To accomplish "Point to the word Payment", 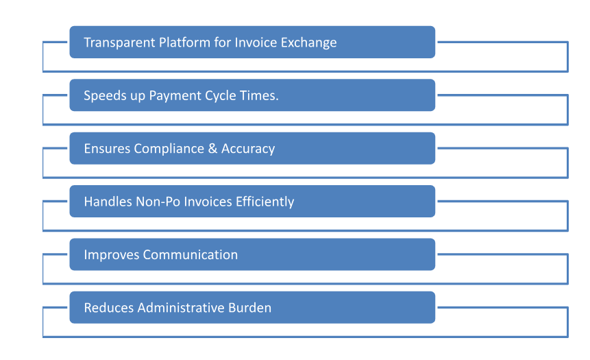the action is click(x=175, y=95).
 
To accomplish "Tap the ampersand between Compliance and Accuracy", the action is click(x=212, y=148).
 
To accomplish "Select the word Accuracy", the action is click(x=248, y=149).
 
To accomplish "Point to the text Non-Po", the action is click(x=158, y=202).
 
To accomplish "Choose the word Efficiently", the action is click(x=265, y=202).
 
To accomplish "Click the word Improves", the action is click(x=112, y=255).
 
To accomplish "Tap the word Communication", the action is click(x=190, y=254).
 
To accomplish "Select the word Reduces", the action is click(x=109, y=308).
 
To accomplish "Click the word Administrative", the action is click(x=181, y=308).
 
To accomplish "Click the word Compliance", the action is click(x=169, y=149).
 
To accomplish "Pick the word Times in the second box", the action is click(x=259, y=95).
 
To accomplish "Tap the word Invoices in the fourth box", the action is click(x=208, y=202).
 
